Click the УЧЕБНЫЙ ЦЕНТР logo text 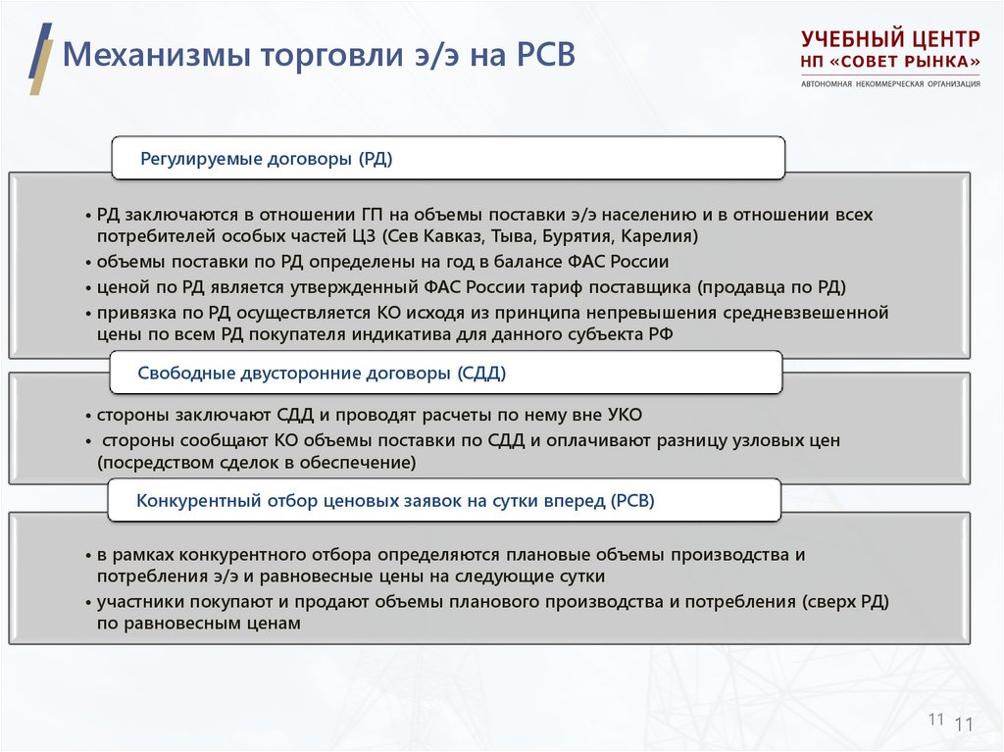click(x=890, y=39)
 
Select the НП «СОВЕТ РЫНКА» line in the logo click(x=890, y=62)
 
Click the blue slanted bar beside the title click(x=40, y=49)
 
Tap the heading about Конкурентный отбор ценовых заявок click(x=394, y=501)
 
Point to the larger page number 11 click(x=962, y=726)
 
